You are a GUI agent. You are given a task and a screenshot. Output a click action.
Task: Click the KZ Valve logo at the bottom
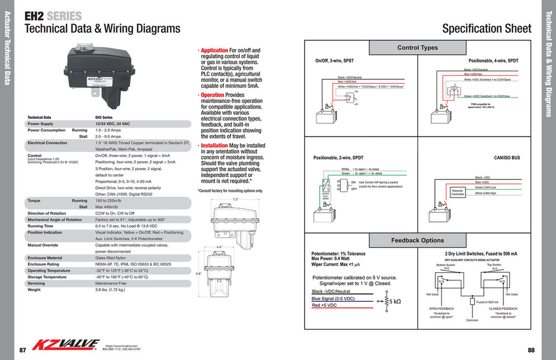coord(66,345)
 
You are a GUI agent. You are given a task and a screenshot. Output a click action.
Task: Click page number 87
coord(23,350)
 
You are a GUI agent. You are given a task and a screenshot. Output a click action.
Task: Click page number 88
coord(531,350)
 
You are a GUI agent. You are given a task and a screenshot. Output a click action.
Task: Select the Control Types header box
coord(417,48)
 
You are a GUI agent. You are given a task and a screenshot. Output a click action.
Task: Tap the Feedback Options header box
coord(417,240)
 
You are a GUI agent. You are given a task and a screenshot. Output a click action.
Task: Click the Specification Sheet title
coord(486,29)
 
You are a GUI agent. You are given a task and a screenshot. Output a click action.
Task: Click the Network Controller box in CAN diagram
coord(458,192)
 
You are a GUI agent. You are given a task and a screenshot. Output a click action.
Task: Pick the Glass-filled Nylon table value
coord(114,258)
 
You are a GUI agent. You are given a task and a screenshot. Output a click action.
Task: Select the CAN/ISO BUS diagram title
coord(507,158)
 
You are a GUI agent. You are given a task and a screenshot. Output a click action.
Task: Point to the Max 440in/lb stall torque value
coord(108,207)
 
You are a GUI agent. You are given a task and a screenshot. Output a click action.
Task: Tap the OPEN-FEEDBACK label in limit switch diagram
coord(441,309)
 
